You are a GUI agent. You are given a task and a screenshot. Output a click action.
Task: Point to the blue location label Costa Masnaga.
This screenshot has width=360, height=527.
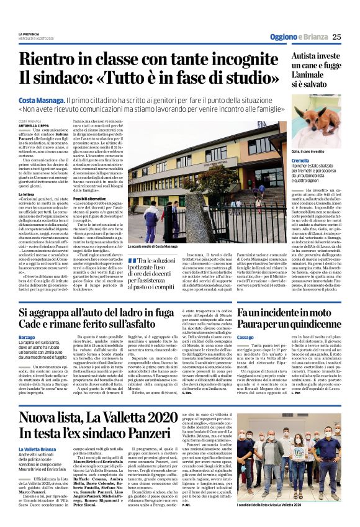coord(42,99)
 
